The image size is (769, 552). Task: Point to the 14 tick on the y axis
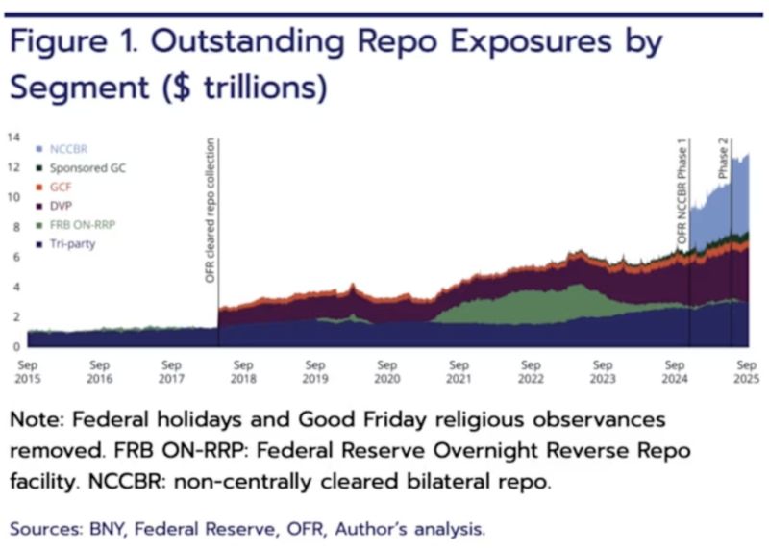pyautogui.click(x=13, y=138)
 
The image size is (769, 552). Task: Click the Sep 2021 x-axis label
pyautogui.click(x=459, y=372)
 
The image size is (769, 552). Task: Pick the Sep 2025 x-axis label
pyautogui.click(x=745, y=372)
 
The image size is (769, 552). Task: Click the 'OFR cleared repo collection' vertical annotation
pyautogui.click(x=211, y=210)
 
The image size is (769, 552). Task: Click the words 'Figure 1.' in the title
pyautogui.click(x=77, y=44)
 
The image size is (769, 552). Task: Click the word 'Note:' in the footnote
pyautogui.click(x=38, y=421)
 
